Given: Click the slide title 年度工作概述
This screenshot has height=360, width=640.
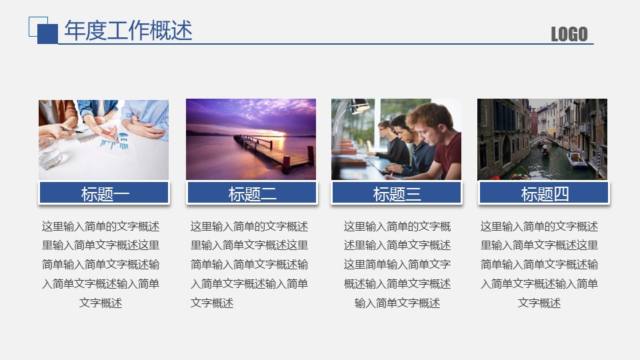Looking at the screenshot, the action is tap(128, 30).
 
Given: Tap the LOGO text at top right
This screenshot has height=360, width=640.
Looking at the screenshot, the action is tap(569, 34).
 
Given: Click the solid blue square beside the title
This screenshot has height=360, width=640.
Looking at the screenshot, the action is tap(48, 34).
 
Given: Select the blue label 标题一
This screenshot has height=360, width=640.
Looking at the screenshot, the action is tap(104, 193).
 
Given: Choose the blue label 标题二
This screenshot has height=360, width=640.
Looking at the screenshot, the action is tap(252, 193).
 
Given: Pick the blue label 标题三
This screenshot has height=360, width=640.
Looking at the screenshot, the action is tap(397, 193).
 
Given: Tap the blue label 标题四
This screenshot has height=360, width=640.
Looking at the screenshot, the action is tap(544, 193).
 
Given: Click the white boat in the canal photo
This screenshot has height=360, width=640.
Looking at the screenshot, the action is tap(576, 159).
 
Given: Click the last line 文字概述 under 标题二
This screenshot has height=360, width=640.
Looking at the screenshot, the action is tap(212, 303).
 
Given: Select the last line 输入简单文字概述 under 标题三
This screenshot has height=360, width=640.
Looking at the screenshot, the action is tap(397, 303).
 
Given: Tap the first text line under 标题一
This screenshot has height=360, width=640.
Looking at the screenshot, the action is tap(101, 227).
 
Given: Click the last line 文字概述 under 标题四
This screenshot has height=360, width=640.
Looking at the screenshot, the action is tap(539, 303).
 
